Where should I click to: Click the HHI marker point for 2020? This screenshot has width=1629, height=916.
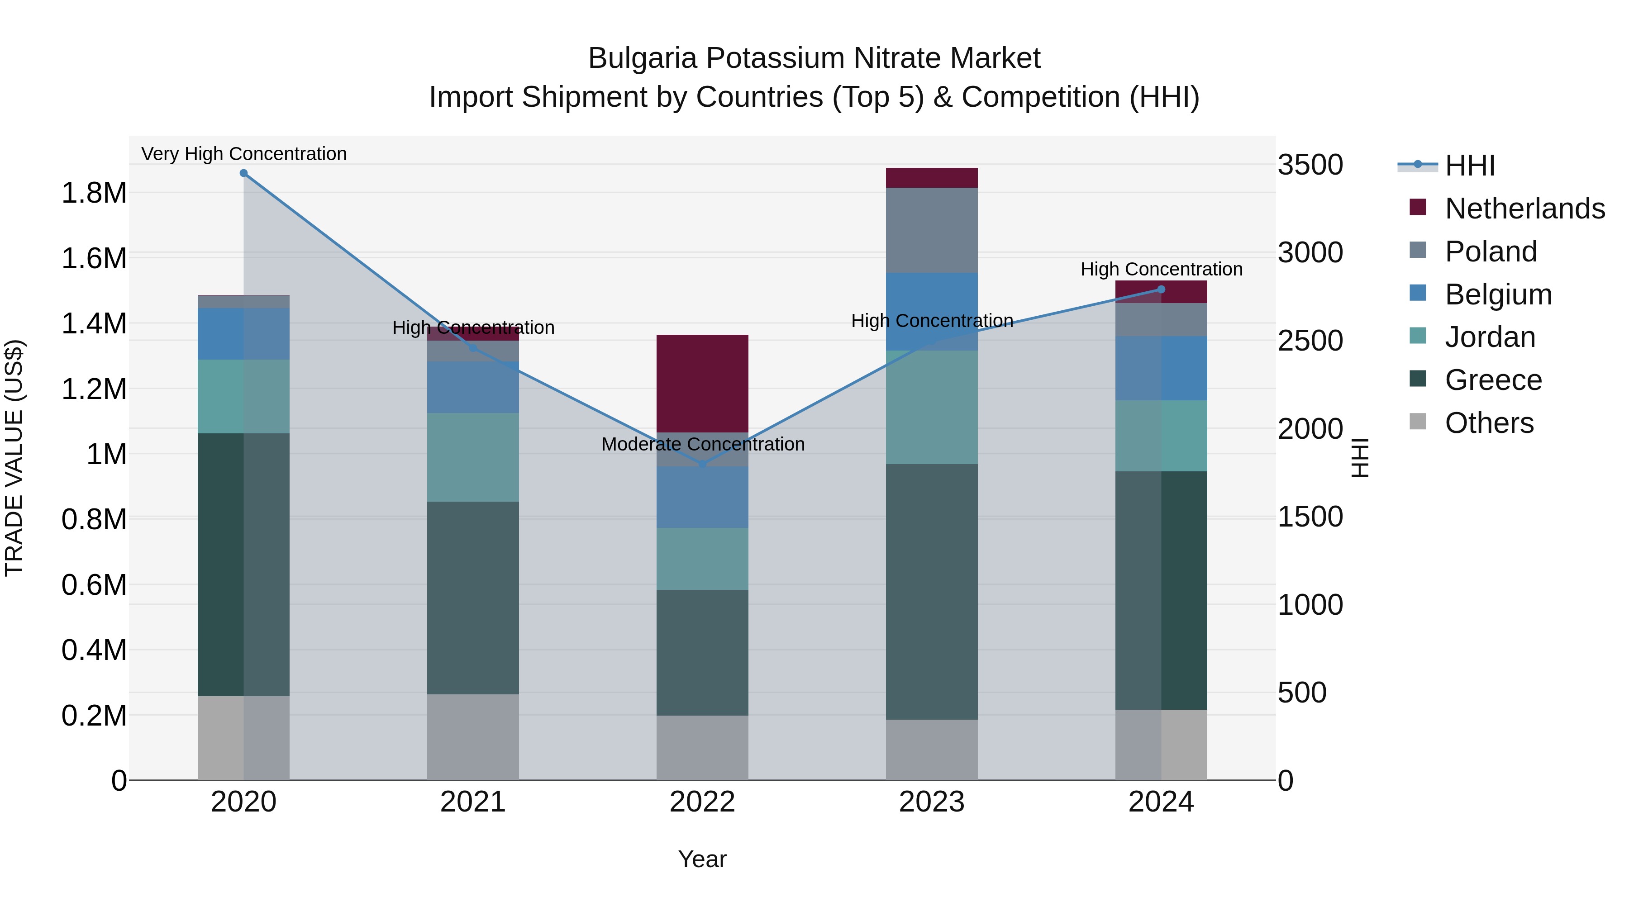coord(243,173)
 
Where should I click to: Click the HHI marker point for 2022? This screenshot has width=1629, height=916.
coord(703,465)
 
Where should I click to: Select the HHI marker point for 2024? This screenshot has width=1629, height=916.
coord(1161,290)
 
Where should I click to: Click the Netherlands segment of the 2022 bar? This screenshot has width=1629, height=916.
coord(703,383)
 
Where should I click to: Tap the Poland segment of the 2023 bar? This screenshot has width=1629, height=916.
coord(932,230)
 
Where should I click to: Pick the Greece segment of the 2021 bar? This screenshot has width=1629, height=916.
coord(473,598)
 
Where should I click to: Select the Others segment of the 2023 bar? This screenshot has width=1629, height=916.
coord(932,750)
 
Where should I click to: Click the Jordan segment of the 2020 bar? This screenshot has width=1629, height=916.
coord(243,396)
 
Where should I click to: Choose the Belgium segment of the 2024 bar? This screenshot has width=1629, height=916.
coord(1161,368)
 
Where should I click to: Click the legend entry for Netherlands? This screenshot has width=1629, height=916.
coord(1524,209)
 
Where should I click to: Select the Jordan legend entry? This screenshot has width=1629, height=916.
coord(1490,337)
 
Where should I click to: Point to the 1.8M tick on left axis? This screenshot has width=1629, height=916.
coord(94,193)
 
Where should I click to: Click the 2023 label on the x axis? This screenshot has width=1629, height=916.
coord(932,802)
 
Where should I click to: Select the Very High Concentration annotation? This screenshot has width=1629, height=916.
coord(243,154)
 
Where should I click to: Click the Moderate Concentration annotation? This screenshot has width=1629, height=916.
coord(703,444)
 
